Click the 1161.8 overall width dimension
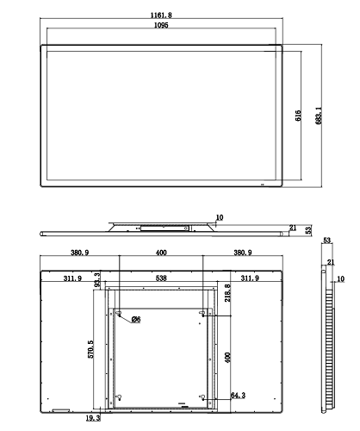tap(161, 15)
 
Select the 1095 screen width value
tap(161, 25)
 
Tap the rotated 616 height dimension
tap(298, 116)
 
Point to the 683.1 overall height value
tap(319, 116)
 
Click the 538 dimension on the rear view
tap(161, 278)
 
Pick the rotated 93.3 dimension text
tap(97, 280)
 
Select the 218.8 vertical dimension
tap(227, 293)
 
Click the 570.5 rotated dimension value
tap(90, 349)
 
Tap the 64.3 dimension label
tap(239, 396)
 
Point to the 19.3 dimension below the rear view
tap(93, 418)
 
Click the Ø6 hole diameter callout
tap(136, 319)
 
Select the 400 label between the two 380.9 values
tap(161, 253)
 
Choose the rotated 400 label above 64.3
tap(227, 358)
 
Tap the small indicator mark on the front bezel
tap(262, 184)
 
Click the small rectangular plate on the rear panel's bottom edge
tap(61, 410)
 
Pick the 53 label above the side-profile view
tap(327, 240)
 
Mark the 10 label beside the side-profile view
tap(340, 279)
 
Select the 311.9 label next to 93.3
tap(72, 278)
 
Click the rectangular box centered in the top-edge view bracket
tap(164, 228)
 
